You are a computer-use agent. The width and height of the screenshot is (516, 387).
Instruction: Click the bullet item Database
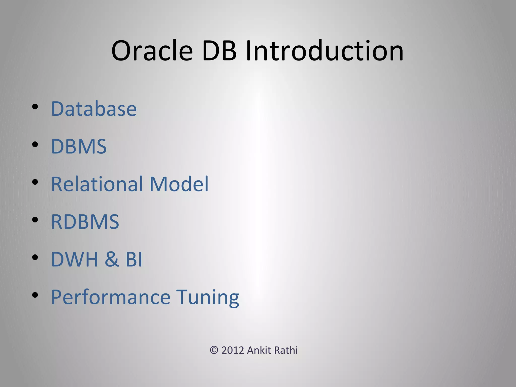pyautogui.click(x=94, y=109)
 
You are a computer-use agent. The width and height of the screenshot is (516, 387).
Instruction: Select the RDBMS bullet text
pyautogui.click(x=85, y=222)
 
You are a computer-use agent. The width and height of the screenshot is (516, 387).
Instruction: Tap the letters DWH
pyautogui.click(x=74, y=259)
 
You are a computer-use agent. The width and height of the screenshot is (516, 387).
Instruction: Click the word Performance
pyautogui.click(x=111, y=297)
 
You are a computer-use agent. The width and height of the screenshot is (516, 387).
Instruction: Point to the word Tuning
pyautogui.click(x=207, y=297)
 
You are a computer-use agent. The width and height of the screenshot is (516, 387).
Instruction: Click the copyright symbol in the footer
pyautogui.click(x=214, y=350)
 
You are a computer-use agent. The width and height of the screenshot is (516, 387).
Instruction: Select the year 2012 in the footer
pyautogui.click(x=233, y=350)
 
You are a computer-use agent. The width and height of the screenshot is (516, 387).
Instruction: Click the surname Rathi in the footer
pyautogui.click(x=286, y=350)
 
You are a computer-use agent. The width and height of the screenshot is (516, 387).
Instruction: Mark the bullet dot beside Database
pyautogui.click(x=35, y=107)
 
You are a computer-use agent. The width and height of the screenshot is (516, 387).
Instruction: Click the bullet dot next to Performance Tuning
pyautogui.click(x=35, y=295)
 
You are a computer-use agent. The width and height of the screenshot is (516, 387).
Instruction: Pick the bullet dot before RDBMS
pyautogui.click(x=35, y=220)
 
